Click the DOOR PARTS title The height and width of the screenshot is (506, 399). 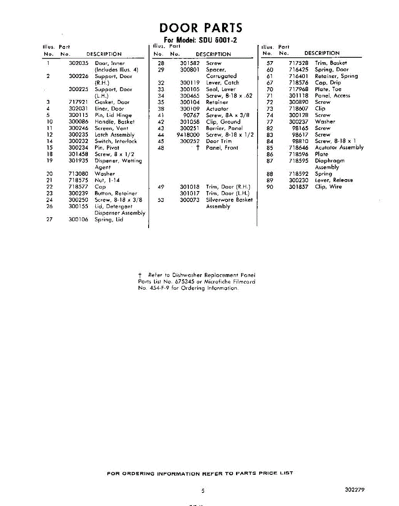(x=201, y=28)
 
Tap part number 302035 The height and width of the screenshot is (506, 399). (x=79, y=63)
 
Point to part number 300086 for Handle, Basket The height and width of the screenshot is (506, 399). (x=79, y=121)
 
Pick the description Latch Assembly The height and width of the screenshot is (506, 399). (x=114, y=135)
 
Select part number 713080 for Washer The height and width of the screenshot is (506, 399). (x=79, y=174)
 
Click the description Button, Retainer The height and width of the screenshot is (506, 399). (x=116, y=193)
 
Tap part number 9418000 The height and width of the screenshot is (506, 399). (x=188, y=135)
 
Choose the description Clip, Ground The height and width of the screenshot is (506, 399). (x=223, y=121)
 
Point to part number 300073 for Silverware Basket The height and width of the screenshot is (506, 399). (x=190, y=200)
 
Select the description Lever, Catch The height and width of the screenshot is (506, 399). (x=222, y=83)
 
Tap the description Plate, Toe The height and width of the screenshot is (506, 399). (x=328, y=89)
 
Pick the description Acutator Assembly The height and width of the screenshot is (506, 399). (x=339, y=148)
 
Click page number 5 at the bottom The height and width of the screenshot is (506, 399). (x=203, y=491)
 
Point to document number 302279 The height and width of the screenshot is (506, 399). (x=355, y=490)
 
